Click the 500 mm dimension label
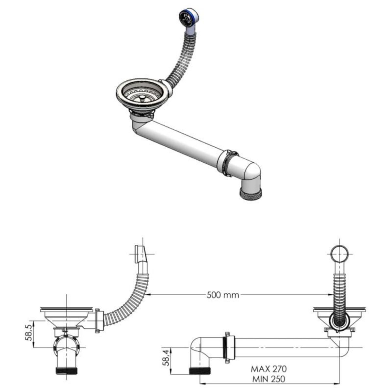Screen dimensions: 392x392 223,295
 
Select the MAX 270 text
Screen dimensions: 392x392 269,369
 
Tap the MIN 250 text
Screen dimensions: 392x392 269,379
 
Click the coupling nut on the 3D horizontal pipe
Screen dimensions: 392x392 229,163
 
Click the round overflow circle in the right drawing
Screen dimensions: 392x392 339,253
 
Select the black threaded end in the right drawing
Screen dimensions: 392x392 200,371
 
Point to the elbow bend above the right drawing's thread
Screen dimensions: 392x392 198,348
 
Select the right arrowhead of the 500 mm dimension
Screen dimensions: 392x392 330,295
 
